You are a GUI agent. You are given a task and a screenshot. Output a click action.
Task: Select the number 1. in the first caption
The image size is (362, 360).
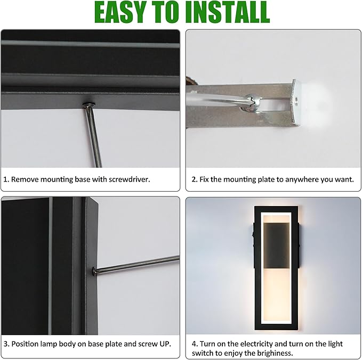(6, 179)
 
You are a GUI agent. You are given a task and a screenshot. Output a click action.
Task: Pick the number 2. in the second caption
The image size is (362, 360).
(194, 179)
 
